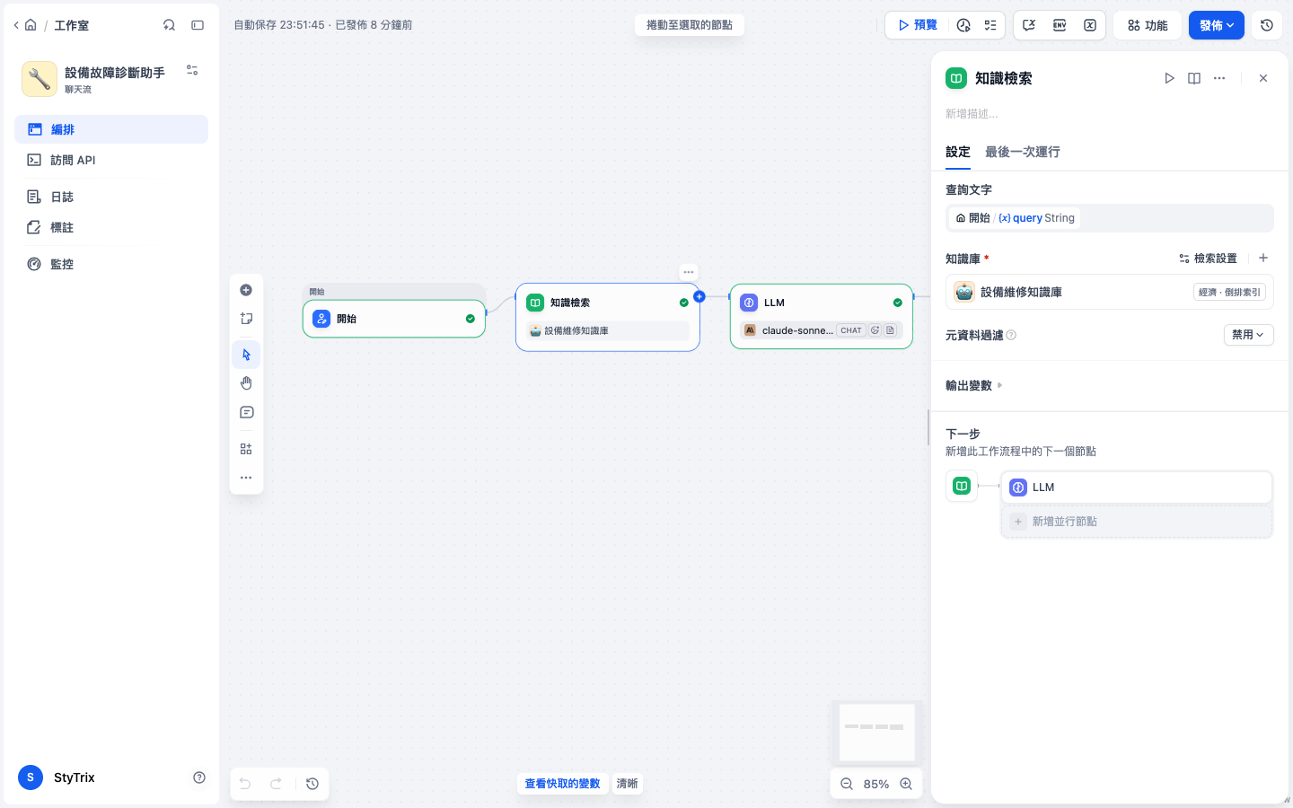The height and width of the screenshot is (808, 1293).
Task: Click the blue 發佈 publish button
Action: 1216,25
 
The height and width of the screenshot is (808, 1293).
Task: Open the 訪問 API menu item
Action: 73,160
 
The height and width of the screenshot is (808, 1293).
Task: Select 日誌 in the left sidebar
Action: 62,197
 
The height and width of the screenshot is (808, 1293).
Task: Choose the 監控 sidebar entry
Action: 62,264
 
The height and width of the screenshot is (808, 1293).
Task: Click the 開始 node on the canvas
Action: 393,318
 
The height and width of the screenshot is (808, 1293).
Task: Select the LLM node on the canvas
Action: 821,316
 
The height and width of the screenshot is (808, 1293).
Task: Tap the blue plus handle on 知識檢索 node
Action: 699,296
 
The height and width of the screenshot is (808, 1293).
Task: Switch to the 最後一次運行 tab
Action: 1022,152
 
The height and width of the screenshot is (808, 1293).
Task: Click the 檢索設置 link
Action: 1209,258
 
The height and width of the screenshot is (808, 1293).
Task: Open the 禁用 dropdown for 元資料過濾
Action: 1248,335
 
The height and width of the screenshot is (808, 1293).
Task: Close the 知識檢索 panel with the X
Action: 1263,78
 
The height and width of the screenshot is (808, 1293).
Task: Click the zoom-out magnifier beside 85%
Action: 846,784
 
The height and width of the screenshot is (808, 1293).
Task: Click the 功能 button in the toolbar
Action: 1147,25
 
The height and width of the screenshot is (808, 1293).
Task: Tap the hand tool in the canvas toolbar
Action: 246,383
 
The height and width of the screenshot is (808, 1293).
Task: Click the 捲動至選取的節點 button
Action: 690,25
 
